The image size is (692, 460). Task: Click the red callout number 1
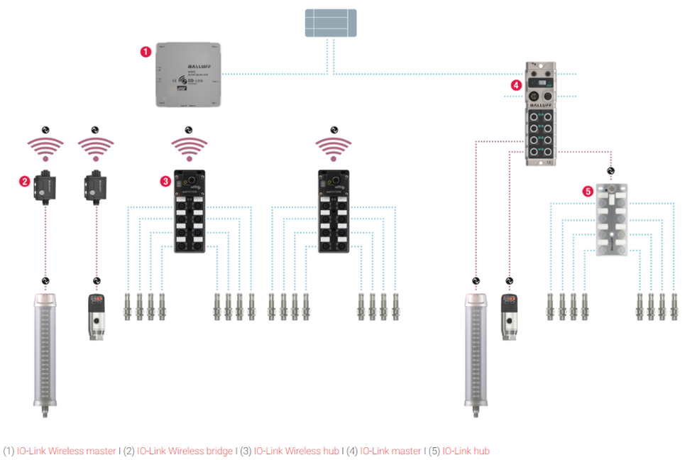coord(145,51)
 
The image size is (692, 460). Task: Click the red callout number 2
coord(24,181)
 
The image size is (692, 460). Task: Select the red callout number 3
coord(165,181)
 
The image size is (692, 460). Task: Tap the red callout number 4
coord(516,85)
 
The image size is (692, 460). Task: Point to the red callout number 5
coord(587,191)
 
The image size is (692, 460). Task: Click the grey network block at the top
coord(330,23)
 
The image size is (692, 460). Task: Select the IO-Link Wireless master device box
coord(189,75)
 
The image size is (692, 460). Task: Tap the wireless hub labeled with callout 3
coord(189,210)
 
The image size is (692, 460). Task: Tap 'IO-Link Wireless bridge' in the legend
coord(185,451)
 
